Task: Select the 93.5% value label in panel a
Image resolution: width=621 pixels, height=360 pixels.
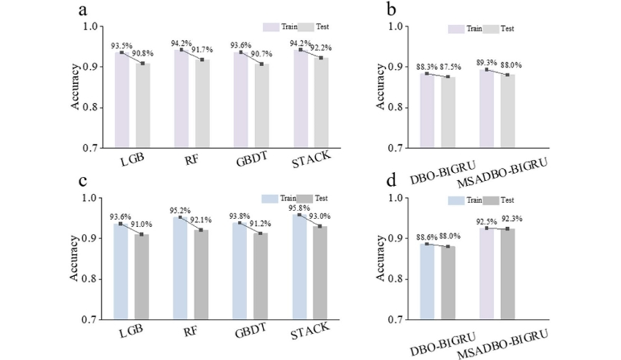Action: pyautogui.click(x=120, y=46)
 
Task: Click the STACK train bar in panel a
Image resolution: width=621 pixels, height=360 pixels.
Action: pyautogui.click(x=301, y=99)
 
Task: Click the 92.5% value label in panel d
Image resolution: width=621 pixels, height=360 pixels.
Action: pyautogui.click(x=485, y=221)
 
